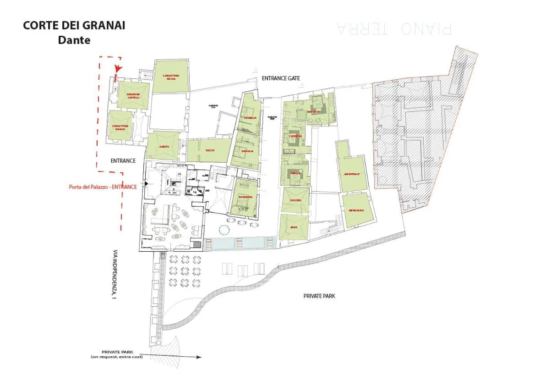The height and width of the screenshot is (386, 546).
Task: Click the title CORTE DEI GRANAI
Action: (74, 25)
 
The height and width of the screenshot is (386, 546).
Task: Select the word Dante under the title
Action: (74, 40)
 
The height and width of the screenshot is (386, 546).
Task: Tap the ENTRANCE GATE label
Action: (281, 78)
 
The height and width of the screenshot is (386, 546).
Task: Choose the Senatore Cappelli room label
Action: (133, 96)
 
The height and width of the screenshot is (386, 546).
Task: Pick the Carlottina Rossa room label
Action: (171, 77)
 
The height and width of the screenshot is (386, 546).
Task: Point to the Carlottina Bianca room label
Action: (120, 127)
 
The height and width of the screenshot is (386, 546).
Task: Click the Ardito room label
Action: (164, 146)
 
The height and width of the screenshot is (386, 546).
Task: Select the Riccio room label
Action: (210, 150)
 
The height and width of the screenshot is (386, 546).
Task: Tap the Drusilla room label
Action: (248, 151)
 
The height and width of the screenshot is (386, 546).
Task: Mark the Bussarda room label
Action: (246, 197)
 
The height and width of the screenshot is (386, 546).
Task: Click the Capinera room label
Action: (295, 136)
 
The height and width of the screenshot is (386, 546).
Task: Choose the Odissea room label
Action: (295, 200)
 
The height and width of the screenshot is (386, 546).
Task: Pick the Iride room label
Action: (294, 227)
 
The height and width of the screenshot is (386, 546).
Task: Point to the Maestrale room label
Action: (352, 174)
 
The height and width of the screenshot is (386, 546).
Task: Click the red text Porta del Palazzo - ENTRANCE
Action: (103, 187)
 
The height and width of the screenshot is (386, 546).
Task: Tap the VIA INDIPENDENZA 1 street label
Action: (114, 275)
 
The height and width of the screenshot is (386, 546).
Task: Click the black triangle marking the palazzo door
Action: (146, 183)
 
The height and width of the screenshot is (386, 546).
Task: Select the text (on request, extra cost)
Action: (116, 357)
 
